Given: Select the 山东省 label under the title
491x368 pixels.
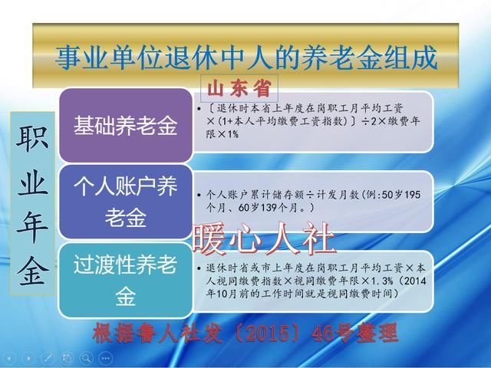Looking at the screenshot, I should pyautogui.click(x=239, y=84).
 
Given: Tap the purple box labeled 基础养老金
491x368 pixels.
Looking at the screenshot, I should pyautogui.click(x=125, y=125).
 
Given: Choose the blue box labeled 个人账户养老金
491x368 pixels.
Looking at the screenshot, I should pyautogui.click(x=125, y=202).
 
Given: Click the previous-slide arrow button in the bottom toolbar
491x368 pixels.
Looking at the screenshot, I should pyautogui.click(x=9, y=359).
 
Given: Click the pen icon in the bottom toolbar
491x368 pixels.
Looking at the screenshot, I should pyautogui.click(x=48, y=359).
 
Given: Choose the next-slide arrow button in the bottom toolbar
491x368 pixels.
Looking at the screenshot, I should pyautogui.click(x=28, y=359).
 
